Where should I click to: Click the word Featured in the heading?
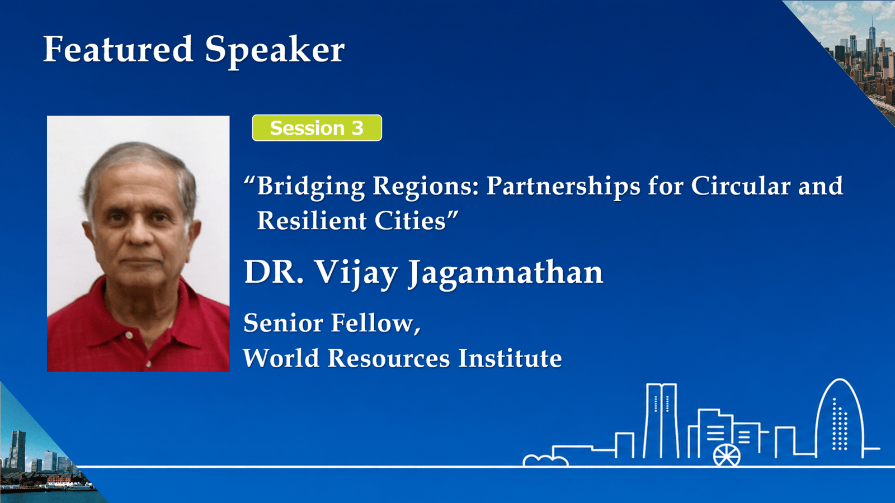point(118,49)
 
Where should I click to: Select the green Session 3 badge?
point(317,128)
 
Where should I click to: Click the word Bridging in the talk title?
point(310,187)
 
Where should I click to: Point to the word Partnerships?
point(563,187)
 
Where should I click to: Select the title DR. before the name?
point(274,272)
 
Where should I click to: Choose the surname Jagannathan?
point(505,274)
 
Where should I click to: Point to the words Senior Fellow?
point(332,323)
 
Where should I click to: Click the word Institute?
point(510,358)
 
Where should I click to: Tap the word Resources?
point(389,358)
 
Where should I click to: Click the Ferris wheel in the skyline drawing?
point(727,455)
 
